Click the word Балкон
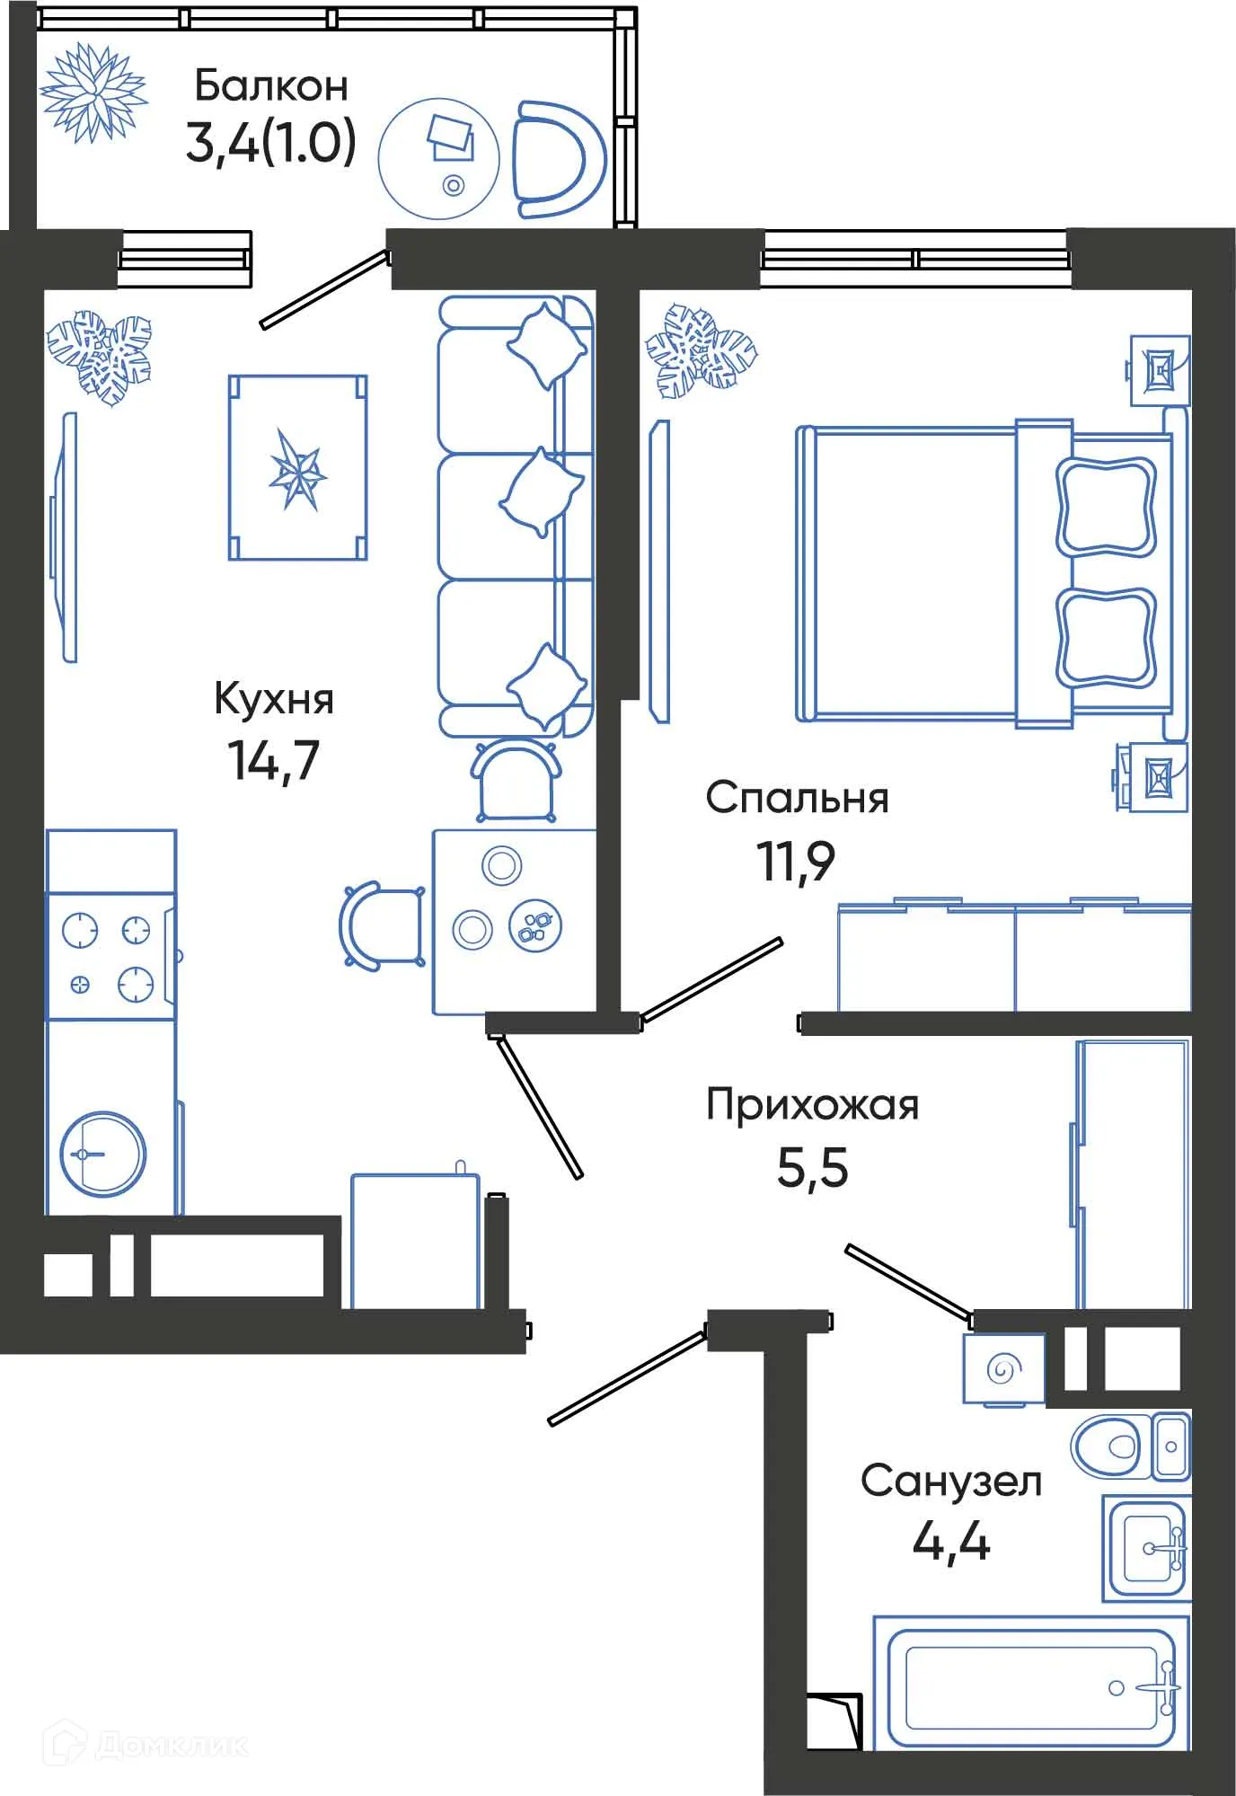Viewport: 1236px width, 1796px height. tap(270, 86)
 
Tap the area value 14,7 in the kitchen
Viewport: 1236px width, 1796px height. tap(273, 760)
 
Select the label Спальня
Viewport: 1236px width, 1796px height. tap(797, 798)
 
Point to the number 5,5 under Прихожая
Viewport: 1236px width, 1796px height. tap(812, 1168)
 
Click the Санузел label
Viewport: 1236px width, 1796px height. tap(951, 1481)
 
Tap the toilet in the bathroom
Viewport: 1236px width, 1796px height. tap(1109, 1447)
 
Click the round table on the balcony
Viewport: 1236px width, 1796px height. tap(438, 159)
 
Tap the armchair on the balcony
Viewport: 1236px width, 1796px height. tap(557, 159)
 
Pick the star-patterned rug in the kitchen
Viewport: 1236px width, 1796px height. tap(297, 468)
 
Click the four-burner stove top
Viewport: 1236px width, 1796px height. tap(109, 956)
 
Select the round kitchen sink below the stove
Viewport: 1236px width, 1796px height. tap(102, 1154)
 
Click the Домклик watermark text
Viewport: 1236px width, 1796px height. tap(171, 1744)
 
